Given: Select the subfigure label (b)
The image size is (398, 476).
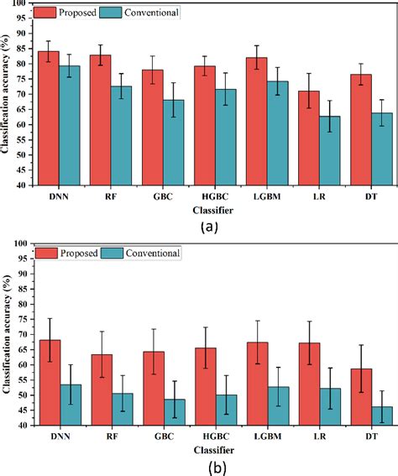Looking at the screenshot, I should click(205, 466).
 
